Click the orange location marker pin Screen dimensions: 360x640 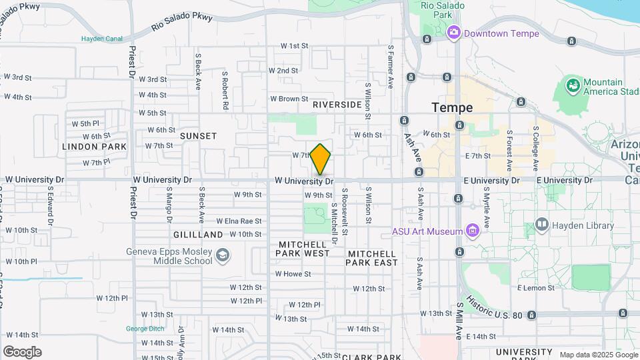321,159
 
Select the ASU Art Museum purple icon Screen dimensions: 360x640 473,231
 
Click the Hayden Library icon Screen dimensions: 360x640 541,225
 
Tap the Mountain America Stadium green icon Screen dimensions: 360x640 572,86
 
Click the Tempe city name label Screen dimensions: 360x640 452,107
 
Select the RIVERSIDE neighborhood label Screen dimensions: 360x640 337,105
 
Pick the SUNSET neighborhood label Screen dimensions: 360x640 198,136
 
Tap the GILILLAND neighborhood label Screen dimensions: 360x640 198,235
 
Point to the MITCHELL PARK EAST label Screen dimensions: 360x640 372,258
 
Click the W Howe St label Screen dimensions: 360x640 293,274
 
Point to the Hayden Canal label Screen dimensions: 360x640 103,39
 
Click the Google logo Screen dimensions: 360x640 22,351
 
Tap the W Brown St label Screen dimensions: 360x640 289,99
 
